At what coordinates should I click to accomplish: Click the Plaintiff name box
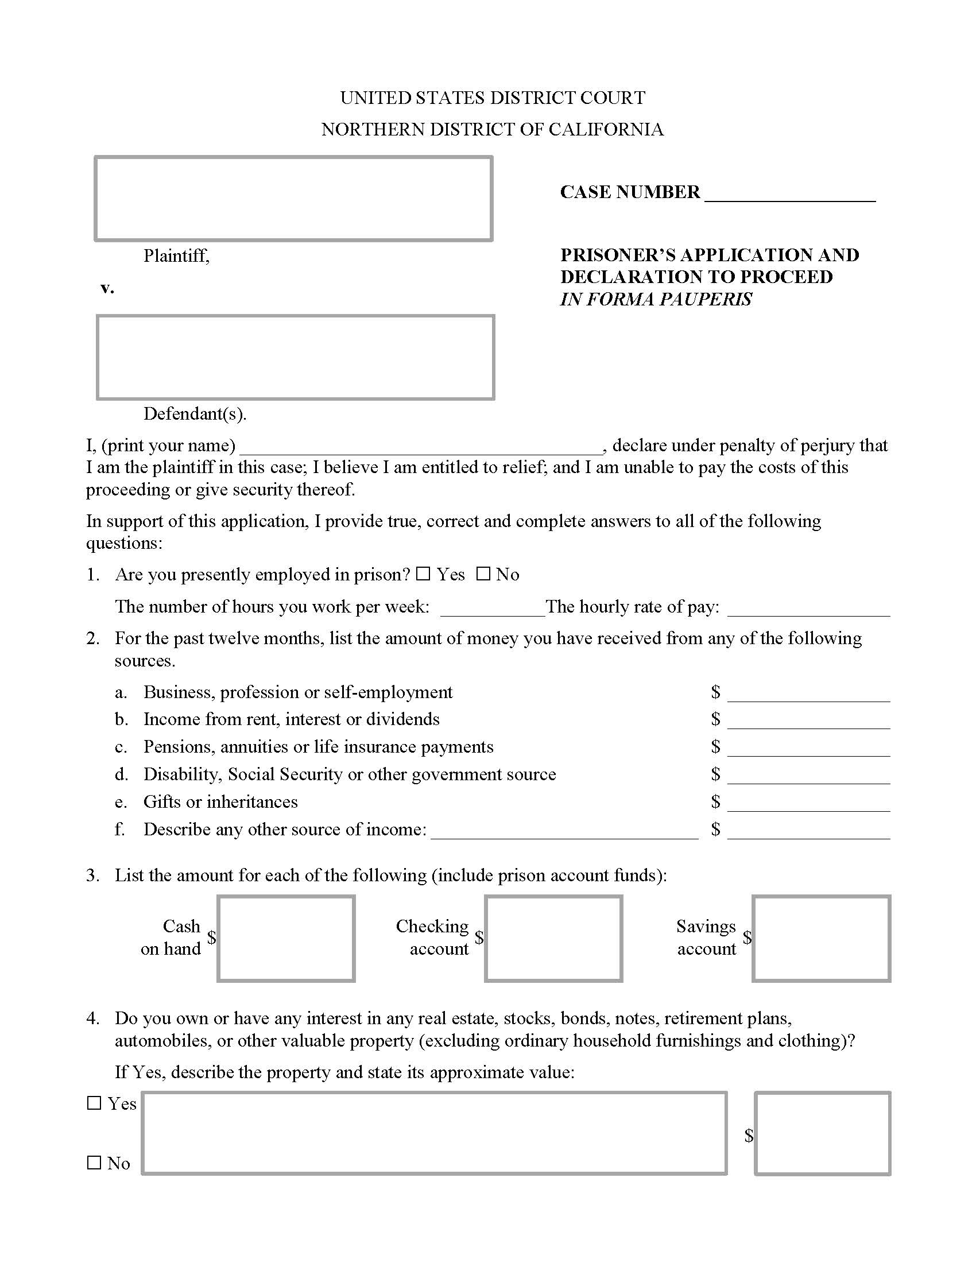click(293, 199)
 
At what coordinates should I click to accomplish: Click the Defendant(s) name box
click(295, 358)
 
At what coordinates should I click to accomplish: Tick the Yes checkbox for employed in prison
click(424, 574)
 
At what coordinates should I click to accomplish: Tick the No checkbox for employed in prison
click(483, 574)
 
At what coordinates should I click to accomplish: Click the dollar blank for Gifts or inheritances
click(808, 804)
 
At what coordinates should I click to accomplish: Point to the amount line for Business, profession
click(808, 694)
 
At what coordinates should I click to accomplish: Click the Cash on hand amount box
click(286, 939)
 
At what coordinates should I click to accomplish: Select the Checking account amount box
click(553, 939)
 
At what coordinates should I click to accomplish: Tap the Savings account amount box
click(821, 939)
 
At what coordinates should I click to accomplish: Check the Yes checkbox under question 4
click(94, 1103)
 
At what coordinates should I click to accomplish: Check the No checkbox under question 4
click(94, 1163)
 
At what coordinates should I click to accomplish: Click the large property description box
click(433, 1133)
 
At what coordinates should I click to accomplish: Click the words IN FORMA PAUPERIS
click(656, 300)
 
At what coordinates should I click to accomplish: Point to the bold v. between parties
click(107, 288)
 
